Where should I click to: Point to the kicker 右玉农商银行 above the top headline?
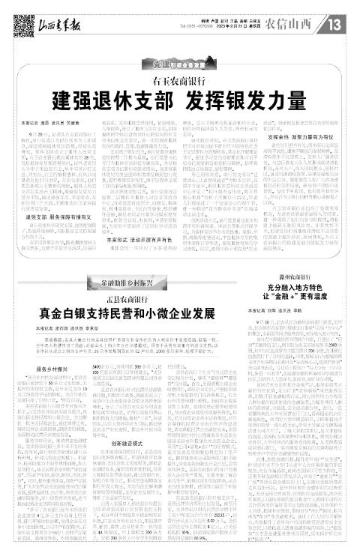coord(180,79)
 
